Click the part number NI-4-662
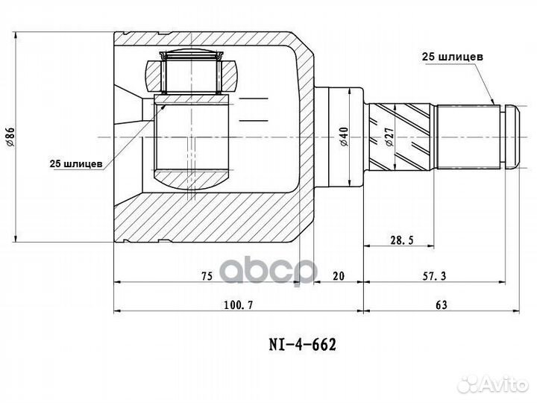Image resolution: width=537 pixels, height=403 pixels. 302,344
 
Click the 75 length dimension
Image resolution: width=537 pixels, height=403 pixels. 206,275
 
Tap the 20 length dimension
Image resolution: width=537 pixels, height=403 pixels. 338,275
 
